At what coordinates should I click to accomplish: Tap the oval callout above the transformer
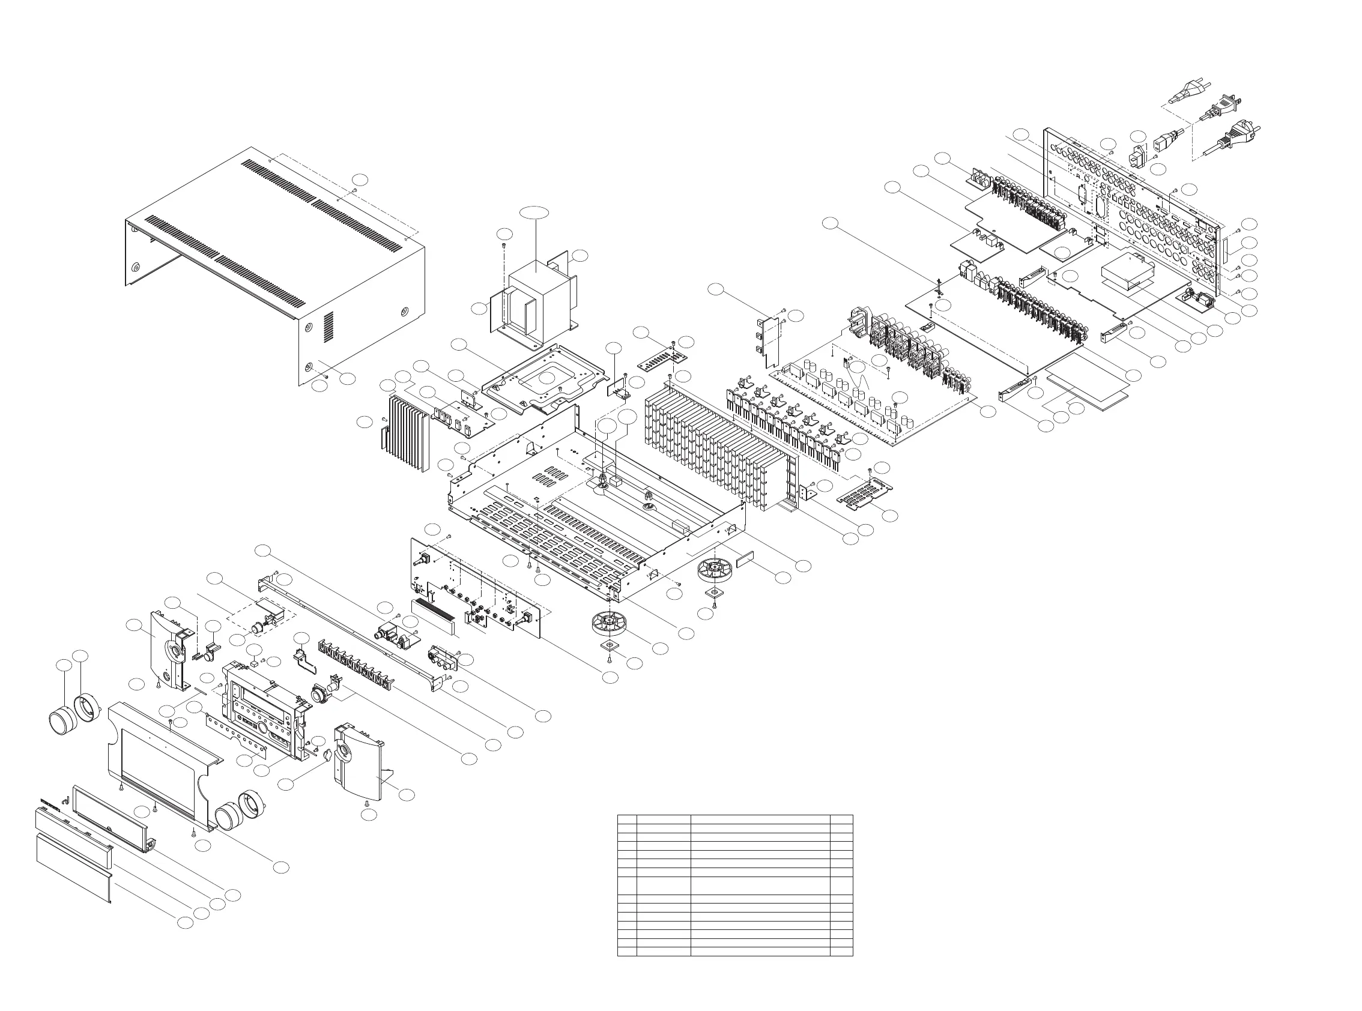[534, 213]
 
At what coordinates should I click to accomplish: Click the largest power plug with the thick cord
[1235, 136]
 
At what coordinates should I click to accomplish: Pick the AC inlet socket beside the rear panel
[1136, 157]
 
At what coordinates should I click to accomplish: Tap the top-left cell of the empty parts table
[627, 819]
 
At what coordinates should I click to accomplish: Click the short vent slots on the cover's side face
[328, 327]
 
